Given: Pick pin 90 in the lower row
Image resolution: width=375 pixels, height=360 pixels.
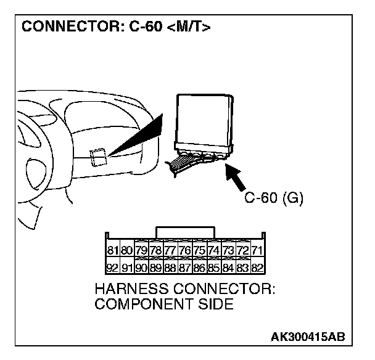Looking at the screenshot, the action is point(142,268).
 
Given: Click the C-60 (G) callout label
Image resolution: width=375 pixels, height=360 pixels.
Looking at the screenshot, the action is point(274,198).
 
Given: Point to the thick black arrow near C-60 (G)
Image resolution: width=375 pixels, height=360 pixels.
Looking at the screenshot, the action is point(238,178).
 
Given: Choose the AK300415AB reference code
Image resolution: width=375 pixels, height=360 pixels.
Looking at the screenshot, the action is point(307,337).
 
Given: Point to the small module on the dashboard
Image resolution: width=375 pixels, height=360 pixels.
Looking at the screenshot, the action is point(99,158).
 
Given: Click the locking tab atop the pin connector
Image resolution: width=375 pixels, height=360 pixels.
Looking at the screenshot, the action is point(186,231).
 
